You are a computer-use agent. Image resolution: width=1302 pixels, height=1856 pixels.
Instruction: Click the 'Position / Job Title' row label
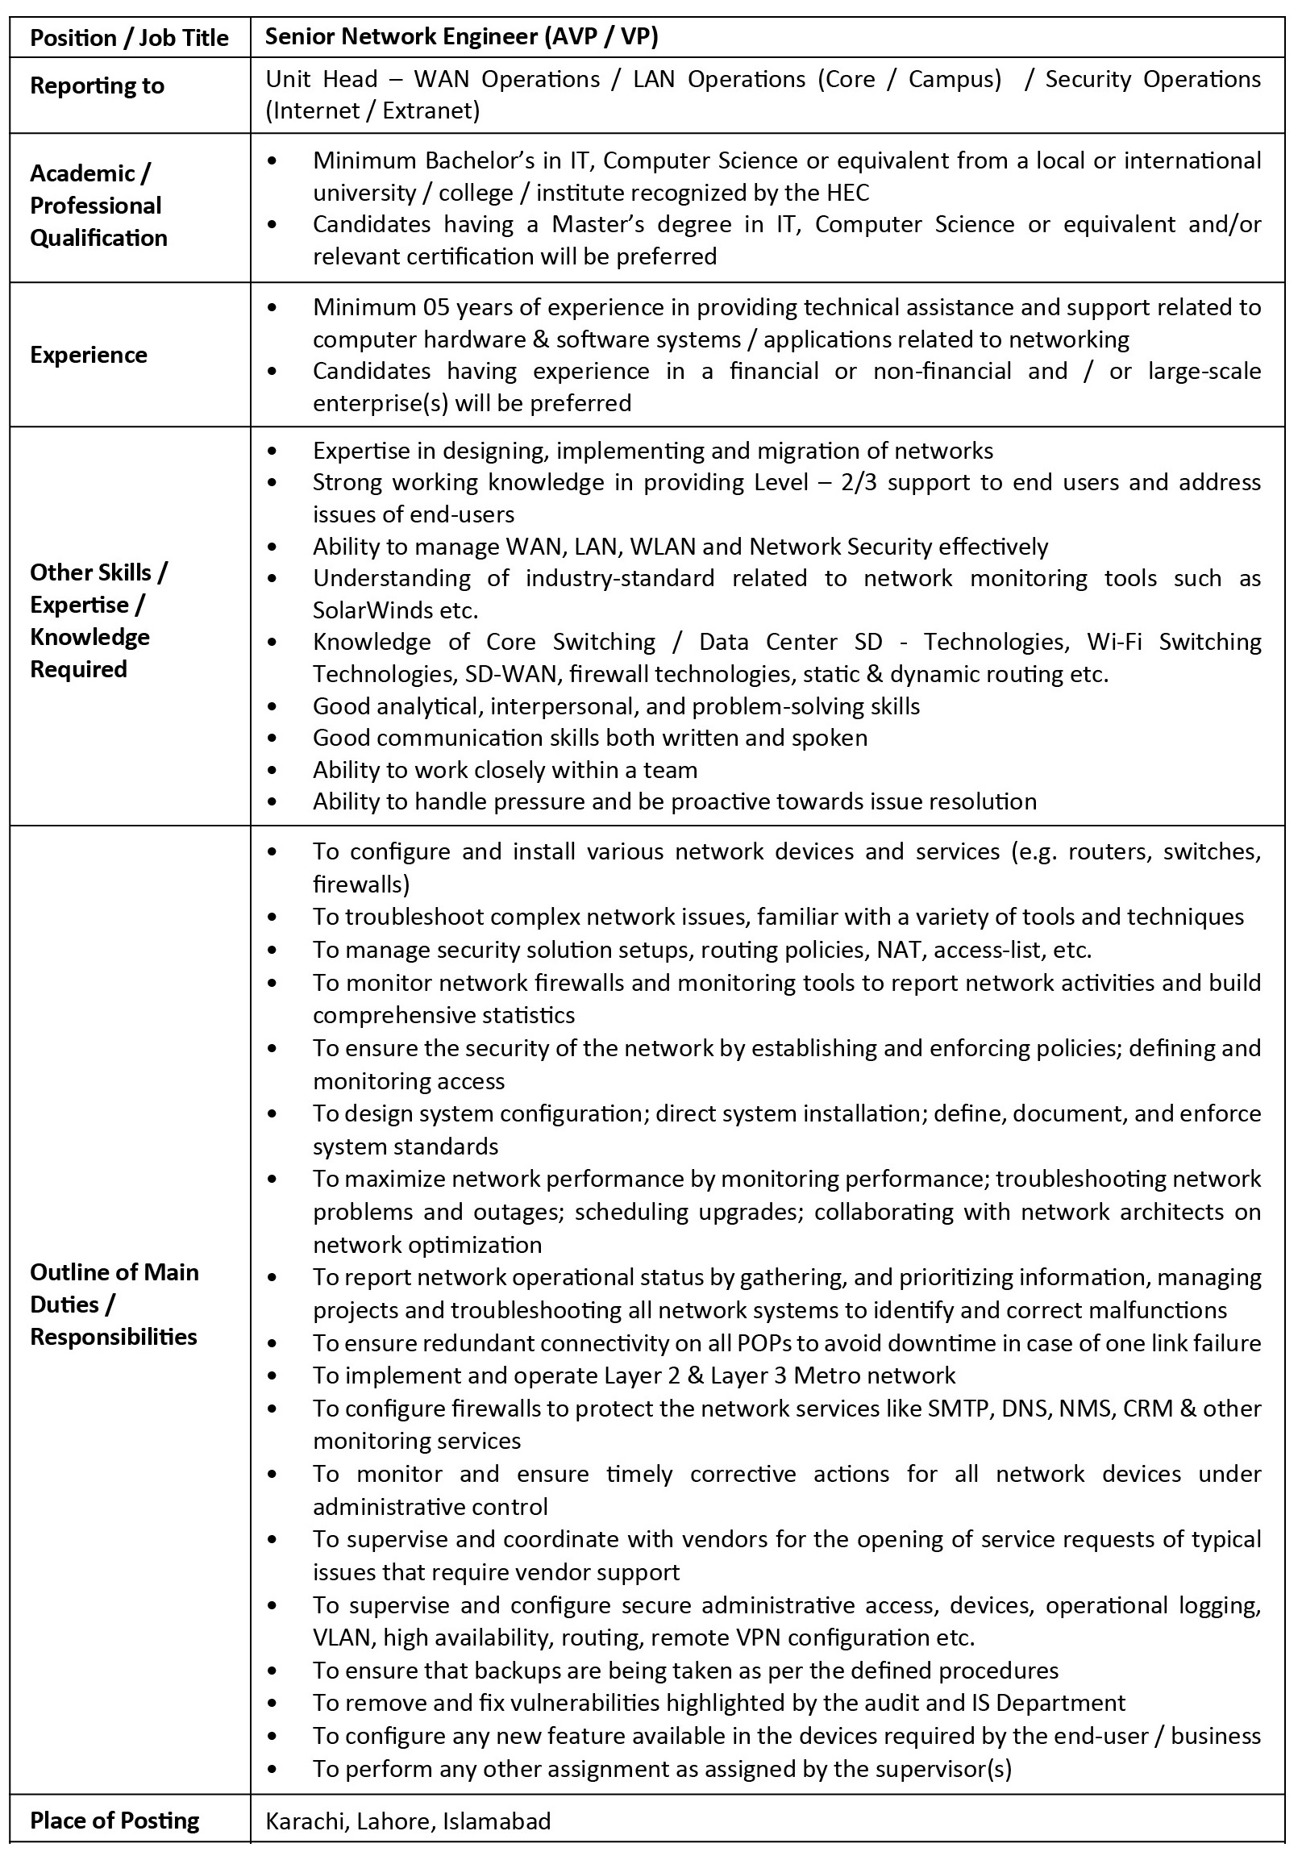click(129, 38)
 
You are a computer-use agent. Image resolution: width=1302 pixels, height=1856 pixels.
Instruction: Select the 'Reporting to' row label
click(97, 85)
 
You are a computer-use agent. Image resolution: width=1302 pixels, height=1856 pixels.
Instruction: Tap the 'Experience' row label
click(89, 355)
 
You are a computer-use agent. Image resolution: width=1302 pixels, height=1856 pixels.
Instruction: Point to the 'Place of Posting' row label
click(114, 1821)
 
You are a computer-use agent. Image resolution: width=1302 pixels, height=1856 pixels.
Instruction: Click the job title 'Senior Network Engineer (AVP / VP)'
click(461, 36)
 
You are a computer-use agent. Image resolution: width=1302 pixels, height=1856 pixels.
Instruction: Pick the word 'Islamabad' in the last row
click(497, 1821)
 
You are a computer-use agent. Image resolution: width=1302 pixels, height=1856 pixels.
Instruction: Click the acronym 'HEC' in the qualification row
click(848, 193)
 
